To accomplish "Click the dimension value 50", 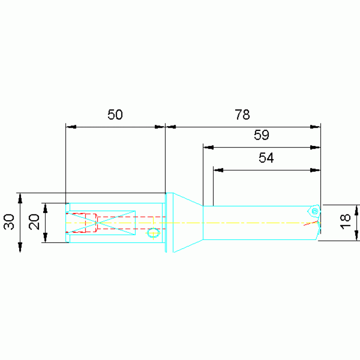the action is pos(115,115).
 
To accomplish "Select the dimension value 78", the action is pos(242,115).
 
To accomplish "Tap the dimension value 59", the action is pos(261,135).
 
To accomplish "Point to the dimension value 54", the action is pos(266,158).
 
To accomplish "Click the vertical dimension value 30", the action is pos(9,222).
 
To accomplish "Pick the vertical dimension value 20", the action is pos(34,222).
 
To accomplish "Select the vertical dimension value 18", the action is pos(345,222).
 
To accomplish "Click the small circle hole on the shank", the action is pos(153,233).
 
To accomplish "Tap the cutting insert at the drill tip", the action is pos(314,211).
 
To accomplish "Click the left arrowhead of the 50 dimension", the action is pos(71,127).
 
